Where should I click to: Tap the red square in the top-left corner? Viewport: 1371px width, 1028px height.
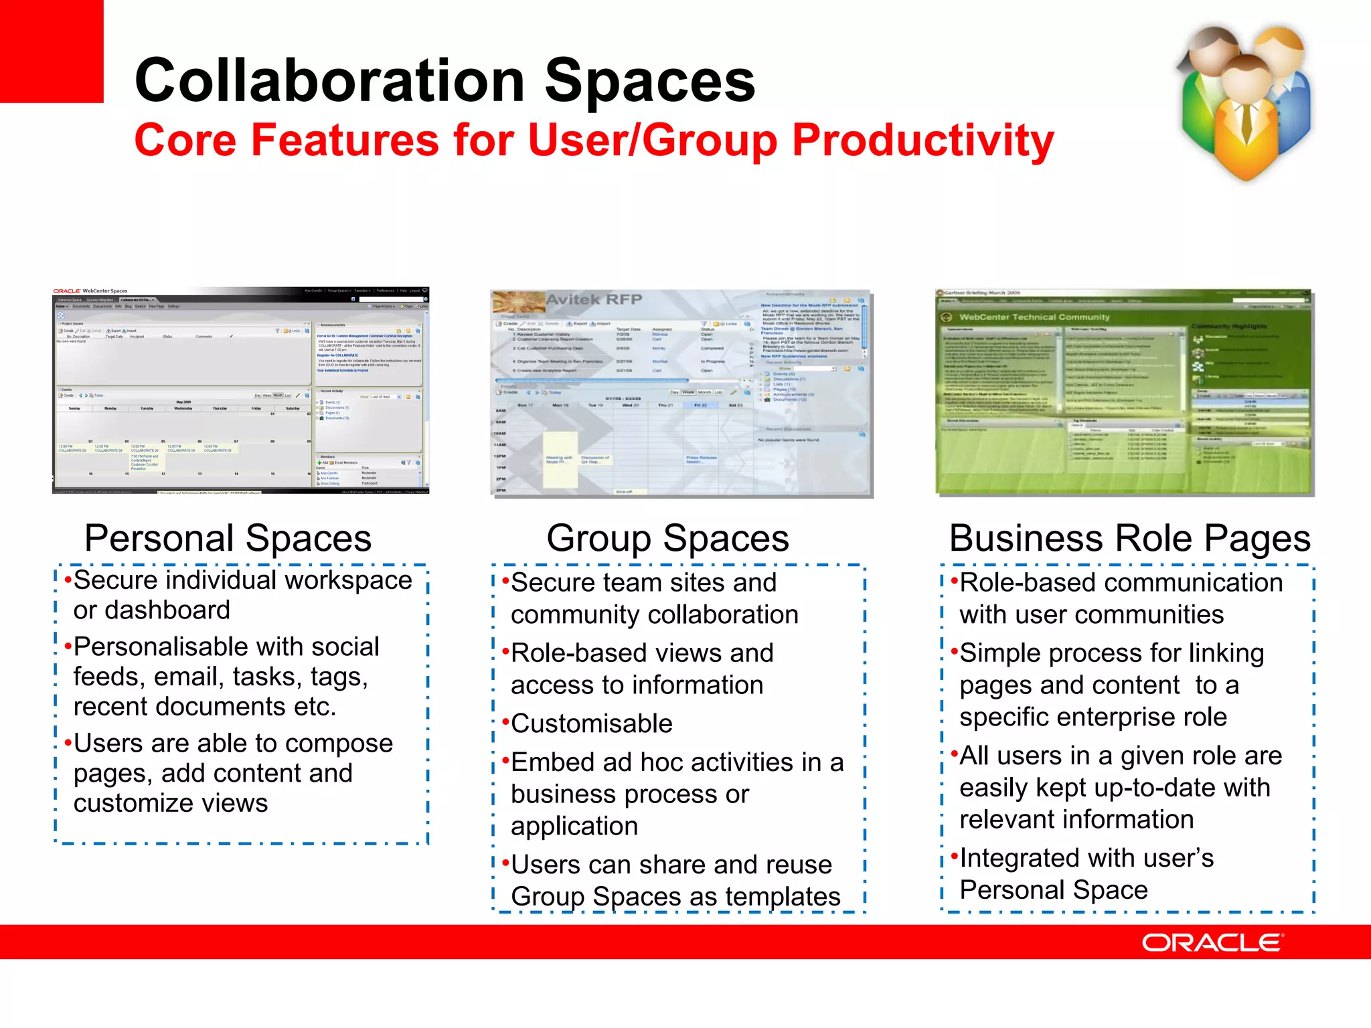(51, 51)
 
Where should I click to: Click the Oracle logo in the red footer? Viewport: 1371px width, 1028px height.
(1212, 943)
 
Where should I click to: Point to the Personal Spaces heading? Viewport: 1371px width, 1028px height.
(228, 539)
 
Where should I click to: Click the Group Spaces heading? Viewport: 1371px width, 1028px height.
(667, 539)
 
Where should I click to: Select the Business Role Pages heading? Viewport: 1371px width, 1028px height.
(1129, 539)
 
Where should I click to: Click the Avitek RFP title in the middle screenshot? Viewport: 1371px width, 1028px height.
(594, 299)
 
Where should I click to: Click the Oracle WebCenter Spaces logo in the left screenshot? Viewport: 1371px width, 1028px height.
(90, 291)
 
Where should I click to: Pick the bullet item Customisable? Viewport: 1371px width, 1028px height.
(591, 724)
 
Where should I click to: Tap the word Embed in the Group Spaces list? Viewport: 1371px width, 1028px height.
(552, 762)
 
